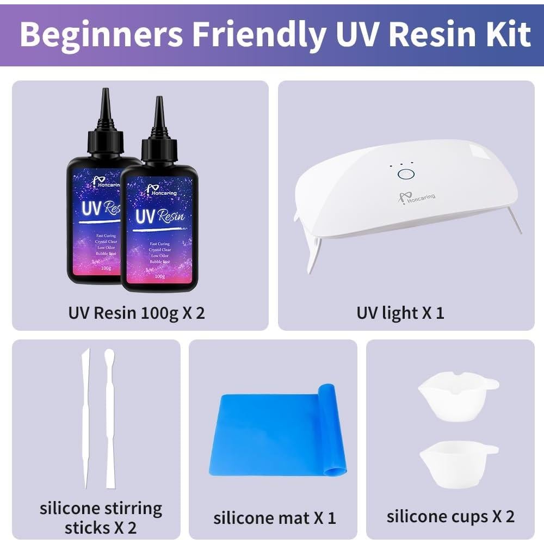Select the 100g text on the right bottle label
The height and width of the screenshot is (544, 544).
[x=159, y=276]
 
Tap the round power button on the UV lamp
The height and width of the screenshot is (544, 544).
[x=405, y=175]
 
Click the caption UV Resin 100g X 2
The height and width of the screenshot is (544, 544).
[x=137, y=313]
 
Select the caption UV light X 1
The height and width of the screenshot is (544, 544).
[x=400, y=313]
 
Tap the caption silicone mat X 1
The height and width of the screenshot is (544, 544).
[x=274, y=517]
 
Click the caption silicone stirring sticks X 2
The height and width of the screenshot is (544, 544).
[x=101, y=517]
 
